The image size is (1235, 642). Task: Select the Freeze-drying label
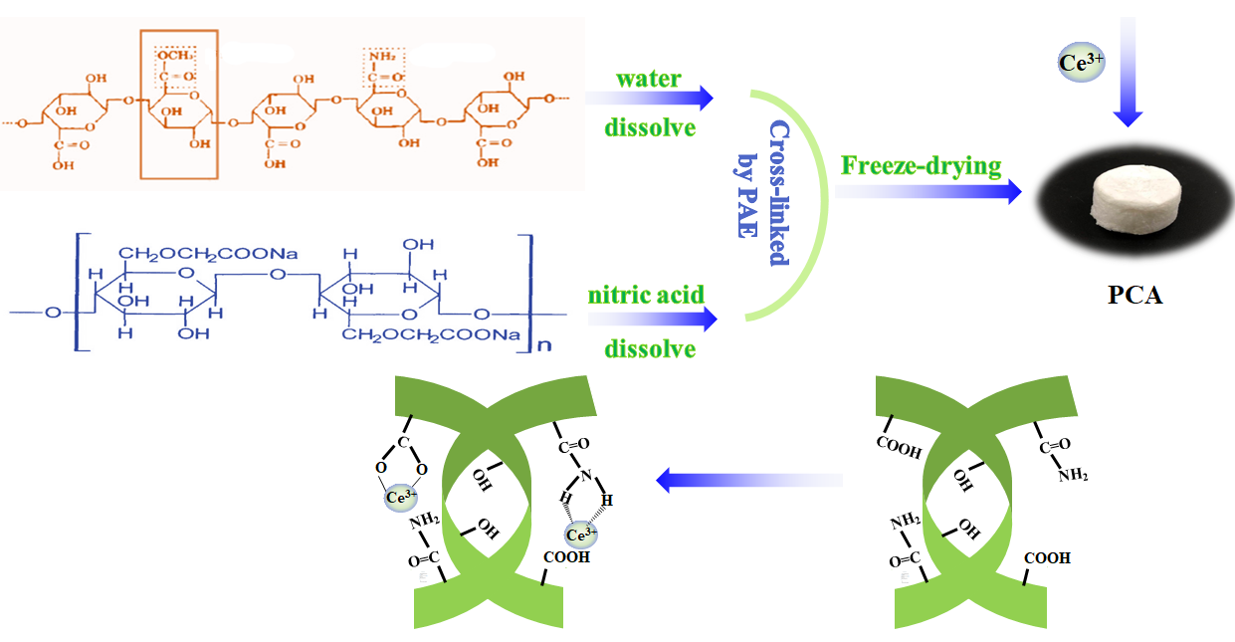pyautogui.click(x=920, y=164)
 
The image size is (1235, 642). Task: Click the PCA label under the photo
pyautogui.click(x=1135, y=296)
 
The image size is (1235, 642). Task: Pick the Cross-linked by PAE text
pyautogui.click(x=766, y=195)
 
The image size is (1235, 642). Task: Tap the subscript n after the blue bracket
pyautogui.click(x=542, y=348)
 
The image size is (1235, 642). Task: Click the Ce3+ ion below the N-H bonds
pyautogui.click(x=580, y=535)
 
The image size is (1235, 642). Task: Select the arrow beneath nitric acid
pyautogui.click(x=652, y=320)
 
